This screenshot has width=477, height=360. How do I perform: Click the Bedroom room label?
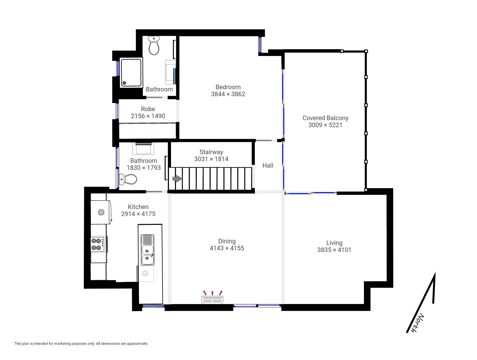click(228, 87)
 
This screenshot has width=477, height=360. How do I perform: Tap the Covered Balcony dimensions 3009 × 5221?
click(325, 125)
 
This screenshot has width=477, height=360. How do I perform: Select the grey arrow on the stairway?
click(177, 179)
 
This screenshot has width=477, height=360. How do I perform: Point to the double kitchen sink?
click(147, 250)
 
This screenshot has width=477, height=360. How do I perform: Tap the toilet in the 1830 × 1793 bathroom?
click(128, 179)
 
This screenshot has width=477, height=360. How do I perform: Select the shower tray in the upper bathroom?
click(131, 73)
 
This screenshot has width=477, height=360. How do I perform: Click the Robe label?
click(148, 109)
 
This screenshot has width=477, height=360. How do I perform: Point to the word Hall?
click(268, 166)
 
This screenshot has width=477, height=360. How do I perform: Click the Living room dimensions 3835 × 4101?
click(334, 250)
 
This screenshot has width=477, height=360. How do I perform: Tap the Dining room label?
click(227, 241)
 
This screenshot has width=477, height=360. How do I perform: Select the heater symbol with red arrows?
click(212, 297)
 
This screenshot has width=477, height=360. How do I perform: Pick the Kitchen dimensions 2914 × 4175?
click(138, 214)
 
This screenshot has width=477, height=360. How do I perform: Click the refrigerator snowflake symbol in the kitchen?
click(101, 212)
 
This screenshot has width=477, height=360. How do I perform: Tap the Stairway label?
click(211, 152)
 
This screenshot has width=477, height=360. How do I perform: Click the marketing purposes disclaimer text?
click(81, 344)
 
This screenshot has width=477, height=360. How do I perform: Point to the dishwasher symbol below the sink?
click(145, 273)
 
